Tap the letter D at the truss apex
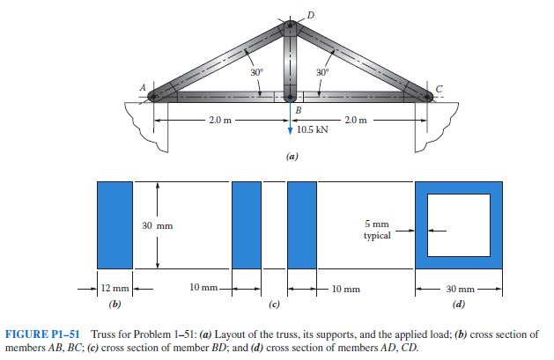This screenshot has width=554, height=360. pyautogui.click(x=309, y=12)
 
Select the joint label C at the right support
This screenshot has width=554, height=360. pyautogui.click(x=439, y=88)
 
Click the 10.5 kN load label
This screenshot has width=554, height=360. pyautogui.click(x=314, y=129)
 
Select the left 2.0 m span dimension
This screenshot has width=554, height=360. pyautogui.click(x=216, y=120)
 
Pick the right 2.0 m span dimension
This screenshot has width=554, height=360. pyautogui.click(x=358, y=120)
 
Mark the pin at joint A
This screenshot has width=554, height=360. pyautogui.click(x=155, y=95)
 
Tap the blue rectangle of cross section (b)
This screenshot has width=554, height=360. pyautogui.click(x=114, y=225)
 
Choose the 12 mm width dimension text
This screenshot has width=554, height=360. pyautogui.click(x=114, y=288)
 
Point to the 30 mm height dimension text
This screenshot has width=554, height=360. pyautogui.click(x=158, y=226)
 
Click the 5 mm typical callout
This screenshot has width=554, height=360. pyautogui.click(x=377, y=231)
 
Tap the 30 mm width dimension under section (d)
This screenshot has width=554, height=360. pyautogui.click(x=458, y=288)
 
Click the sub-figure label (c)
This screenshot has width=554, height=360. pyautogui.click(x=274, y=304)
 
